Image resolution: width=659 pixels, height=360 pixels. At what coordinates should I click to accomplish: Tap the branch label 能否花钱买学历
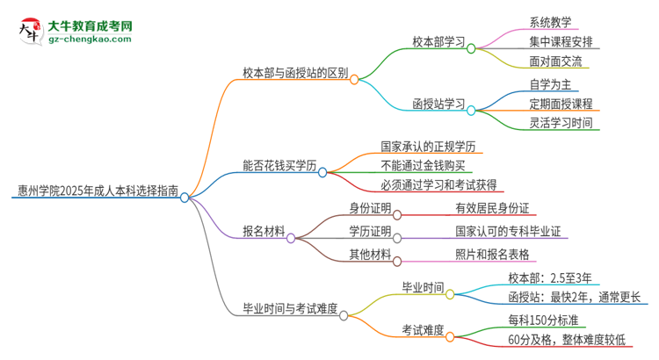click(x=279, y=164)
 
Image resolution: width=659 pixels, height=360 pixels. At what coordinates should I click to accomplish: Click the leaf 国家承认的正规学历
click(x=428, y=146)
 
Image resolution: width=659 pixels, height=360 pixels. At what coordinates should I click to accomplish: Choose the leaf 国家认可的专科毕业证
click(x=507, y=232)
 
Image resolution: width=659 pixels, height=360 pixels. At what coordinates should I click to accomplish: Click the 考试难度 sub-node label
click(x=423, y=329)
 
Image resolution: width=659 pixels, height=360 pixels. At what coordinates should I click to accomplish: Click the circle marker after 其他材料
click(x=397, y=261)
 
